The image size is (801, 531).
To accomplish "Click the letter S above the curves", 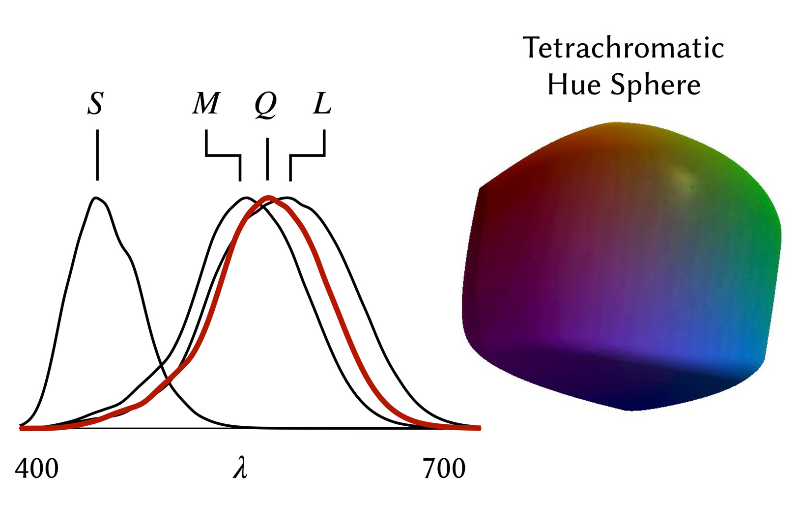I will [96, 103].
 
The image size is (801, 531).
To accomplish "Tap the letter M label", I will [206, 103].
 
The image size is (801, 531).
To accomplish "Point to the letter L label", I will [322, 103].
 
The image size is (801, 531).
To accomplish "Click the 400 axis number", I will [36, 469].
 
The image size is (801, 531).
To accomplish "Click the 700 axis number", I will [444, 469].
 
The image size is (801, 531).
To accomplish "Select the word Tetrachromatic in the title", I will [623, 48].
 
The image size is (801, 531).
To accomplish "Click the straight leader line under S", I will [97, 155].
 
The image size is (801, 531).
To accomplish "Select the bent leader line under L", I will [308, 156].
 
